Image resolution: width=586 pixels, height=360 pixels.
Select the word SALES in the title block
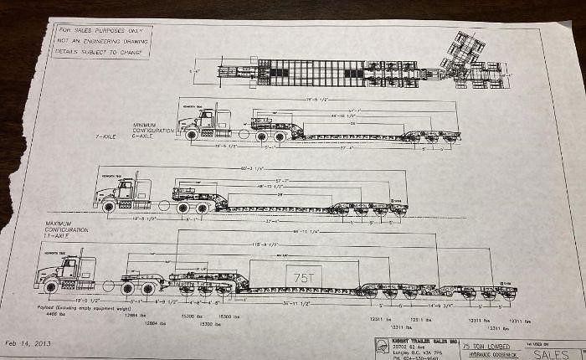pyautogui.click(x=549, y=354)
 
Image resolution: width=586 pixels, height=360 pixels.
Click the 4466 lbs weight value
pyautogui.click(x=47, y=316)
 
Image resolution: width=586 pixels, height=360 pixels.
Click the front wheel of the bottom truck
pyautogui.click(x=51, y=287)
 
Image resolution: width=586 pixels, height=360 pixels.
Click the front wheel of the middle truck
pyautogui.click(x=109, y=206)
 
